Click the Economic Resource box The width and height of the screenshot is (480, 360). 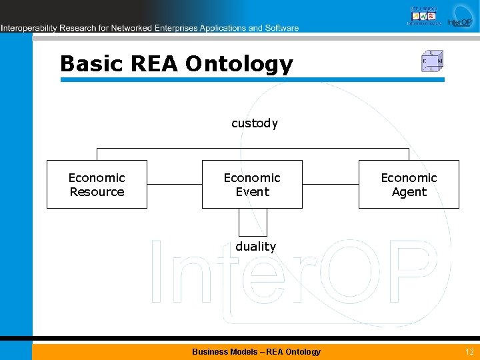97,184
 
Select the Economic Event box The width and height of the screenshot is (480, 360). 252,184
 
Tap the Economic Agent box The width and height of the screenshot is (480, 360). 409,184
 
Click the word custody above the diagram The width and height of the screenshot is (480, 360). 255,123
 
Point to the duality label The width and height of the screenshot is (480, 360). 255,247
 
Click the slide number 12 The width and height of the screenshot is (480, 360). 469,351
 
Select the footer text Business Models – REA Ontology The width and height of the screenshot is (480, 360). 256,351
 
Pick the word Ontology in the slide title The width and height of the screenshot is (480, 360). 239,64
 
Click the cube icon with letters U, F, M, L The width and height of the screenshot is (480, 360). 433,61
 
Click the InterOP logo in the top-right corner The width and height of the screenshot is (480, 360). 460,16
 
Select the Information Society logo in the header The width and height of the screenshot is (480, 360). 424,15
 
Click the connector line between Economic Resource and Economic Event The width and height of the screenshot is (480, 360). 174,184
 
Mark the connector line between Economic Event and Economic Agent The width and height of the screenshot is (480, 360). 331,184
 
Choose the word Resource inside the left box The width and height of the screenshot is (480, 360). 97,192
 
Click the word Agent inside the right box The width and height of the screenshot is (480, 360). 409,192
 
